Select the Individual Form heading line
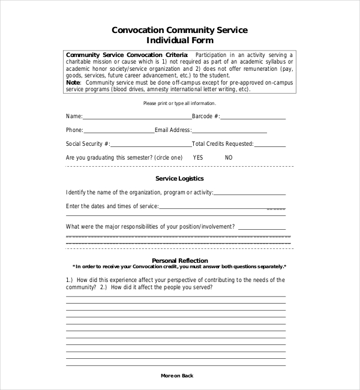pyautogui.click(x=180, y=41)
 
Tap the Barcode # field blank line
pyautogui.click(x=253, y=118)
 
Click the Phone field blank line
pyautogui.click(x=119, y=131)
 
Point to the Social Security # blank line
pyautogui.click(x=151, y=145)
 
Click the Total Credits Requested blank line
pyautogui.click(x=270, y=145)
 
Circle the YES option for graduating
pyautogui.click(x=198, y=157)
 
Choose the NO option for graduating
pyautogui.click(x=229, y=157)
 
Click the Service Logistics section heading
pyautogui.click(x=179, y=178)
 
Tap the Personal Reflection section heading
pyautogui.click(x=180, y=260)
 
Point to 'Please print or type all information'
pyautogui.click(x=180, y=104)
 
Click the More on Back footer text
pyautogui.click(x=177, y=376)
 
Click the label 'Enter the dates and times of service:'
pyautogui.click(x=112, y=206)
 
